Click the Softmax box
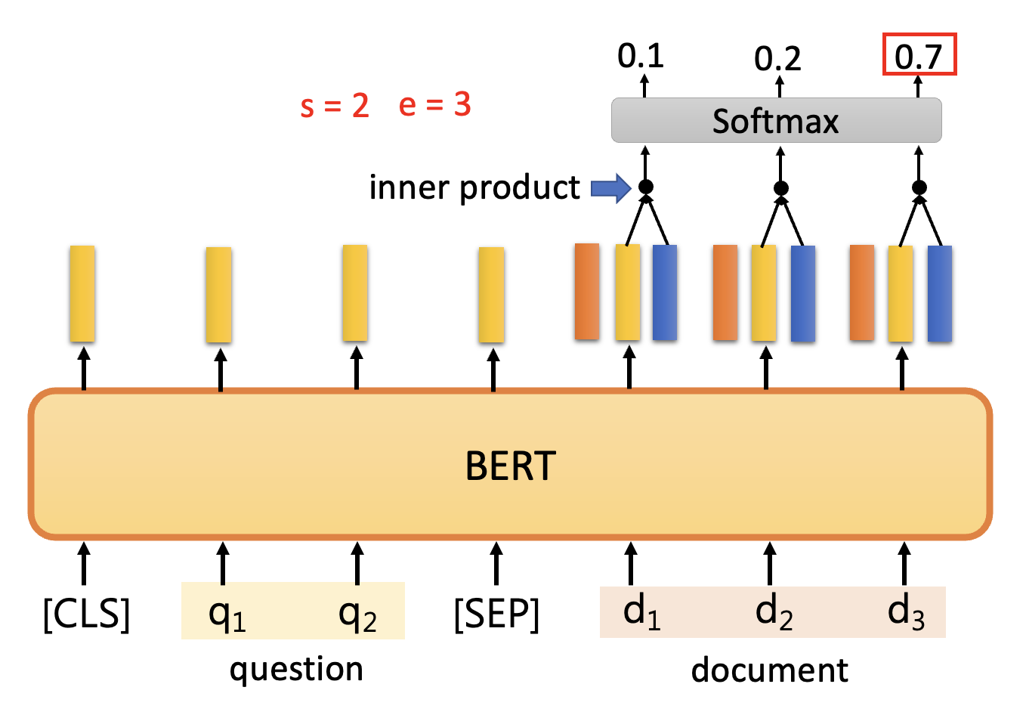[776, 121]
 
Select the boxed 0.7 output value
[919, 56]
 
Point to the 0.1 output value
[641, 56]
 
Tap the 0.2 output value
[777, 59]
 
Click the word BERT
[511, 466]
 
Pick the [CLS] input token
[86, 614]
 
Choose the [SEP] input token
[496, 614]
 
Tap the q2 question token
[357, 614]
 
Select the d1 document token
[641, 612]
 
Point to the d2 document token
[774, 612]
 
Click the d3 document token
[905, 612]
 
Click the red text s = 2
[335, 106]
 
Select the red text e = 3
[434, 105]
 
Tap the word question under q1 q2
[296, 670]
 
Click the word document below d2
[769, 670]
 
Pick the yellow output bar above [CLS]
[82, 293]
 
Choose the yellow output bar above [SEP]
[491, 295]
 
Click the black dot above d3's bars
[919, 187]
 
